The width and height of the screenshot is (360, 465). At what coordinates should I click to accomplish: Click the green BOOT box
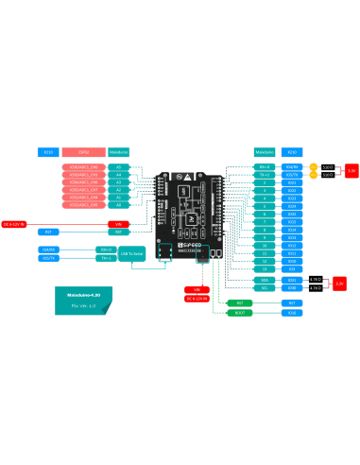point(239,312)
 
